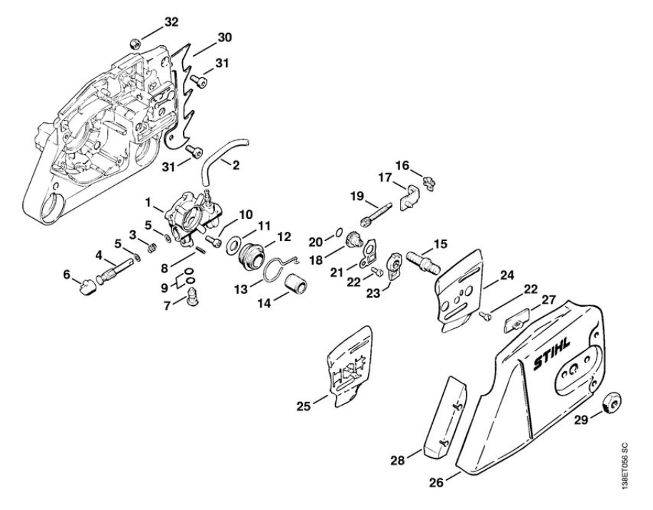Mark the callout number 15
point(440,244)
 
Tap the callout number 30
point(226,36)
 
